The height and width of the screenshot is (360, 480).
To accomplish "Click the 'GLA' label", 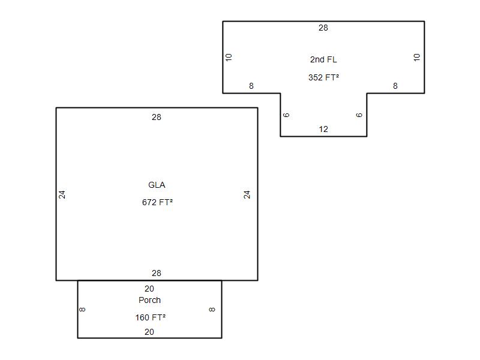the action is (157, 185).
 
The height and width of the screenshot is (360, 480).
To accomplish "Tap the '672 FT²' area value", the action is (157, 202).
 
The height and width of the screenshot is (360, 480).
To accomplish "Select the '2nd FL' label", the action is (323, 59).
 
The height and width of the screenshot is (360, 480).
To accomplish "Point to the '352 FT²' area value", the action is (323, 77).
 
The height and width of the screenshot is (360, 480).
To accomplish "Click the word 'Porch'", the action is (149, 300).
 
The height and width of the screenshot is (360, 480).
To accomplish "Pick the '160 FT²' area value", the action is (151, 317).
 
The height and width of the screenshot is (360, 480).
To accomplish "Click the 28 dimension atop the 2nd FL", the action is (323, 28).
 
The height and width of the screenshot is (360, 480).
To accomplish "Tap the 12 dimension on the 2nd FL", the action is (323, 129).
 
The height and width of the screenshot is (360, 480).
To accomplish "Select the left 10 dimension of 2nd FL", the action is (229, 57).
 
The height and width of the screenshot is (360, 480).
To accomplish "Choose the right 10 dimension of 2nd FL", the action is (416, 57).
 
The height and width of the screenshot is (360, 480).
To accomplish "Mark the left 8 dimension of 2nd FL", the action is (251, 86).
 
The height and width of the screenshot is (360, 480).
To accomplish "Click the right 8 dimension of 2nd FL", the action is (395, 86).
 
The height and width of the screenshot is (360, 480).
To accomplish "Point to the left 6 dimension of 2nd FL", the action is (286, 115).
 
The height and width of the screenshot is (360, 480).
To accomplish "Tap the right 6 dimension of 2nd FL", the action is (359, 115).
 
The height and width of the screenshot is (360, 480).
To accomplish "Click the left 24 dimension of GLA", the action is (62, 194).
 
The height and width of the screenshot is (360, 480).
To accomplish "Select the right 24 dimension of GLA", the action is (247, 194).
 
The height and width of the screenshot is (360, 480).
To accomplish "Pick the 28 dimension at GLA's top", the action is (157, 117).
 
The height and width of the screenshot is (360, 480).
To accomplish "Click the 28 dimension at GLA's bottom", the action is (157, 273).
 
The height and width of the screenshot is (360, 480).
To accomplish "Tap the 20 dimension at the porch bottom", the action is (149, 332).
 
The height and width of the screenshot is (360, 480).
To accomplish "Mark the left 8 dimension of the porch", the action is (82, 310).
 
